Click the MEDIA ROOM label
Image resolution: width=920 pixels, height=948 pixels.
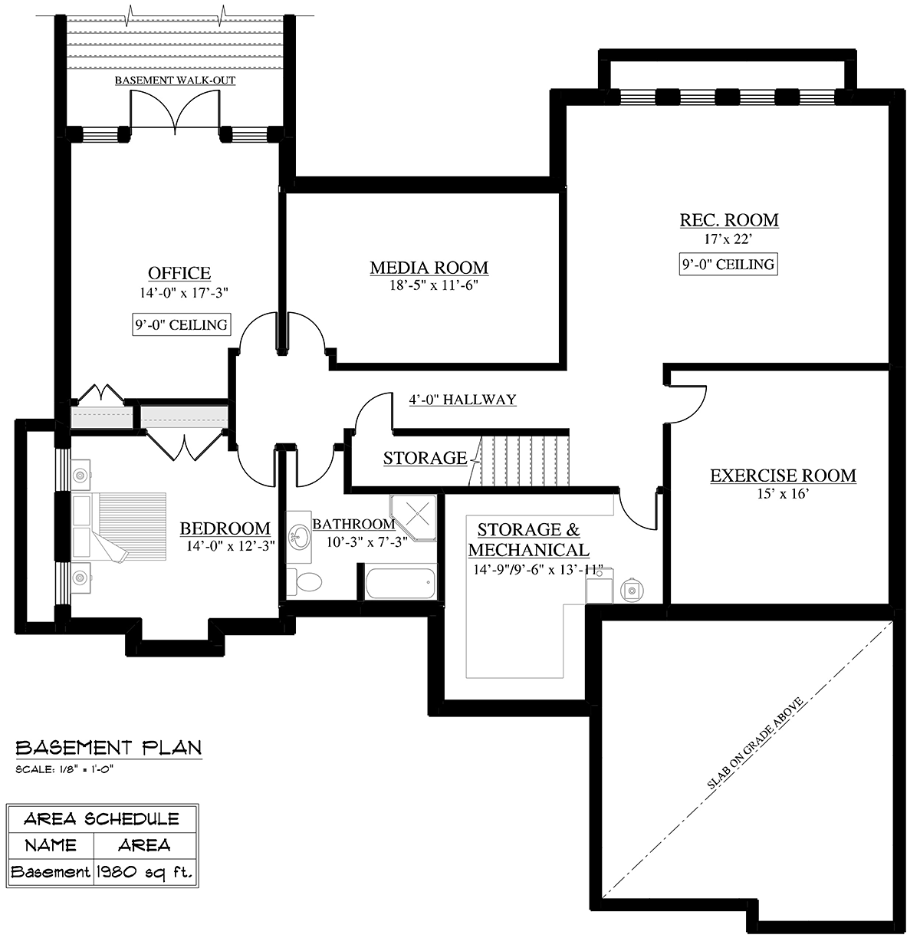coord(429,268)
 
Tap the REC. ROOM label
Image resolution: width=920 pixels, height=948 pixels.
coord(728,219)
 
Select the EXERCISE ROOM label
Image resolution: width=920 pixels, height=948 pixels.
coord(783,475)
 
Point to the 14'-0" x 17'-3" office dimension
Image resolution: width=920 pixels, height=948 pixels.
coord(183,293)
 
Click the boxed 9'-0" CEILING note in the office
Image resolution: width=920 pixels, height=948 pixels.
coord(181,324)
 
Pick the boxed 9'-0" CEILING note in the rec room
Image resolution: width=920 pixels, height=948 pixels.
coord(728,264)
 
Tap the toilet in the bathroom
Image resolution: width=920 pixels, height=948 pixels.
coord(304,581)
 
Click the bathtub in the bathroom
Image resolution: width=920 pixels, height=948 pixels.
coord(400,583)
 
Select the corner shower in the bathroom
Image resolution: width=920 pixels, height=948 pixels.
coord(413,518)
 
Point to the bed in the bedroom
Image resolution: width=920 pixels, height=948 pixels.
coord(119,527)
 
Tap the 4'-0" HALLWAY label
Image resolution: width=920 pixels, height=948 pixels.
coord(462,400)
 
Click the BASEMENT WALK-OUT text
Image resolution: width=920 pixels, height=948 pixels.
coord(175,81)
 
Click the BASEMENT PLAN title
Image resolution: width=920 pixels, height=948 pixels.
coord(109,747)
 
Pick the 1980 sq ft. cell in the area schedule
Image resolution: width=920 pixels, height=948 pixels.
coord(145,871)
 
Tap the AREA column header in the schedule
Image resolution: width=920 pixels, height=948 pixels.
coord(144,844)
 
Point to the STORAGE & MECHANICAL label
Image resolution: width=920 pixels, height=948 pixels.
coord(529,539)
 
